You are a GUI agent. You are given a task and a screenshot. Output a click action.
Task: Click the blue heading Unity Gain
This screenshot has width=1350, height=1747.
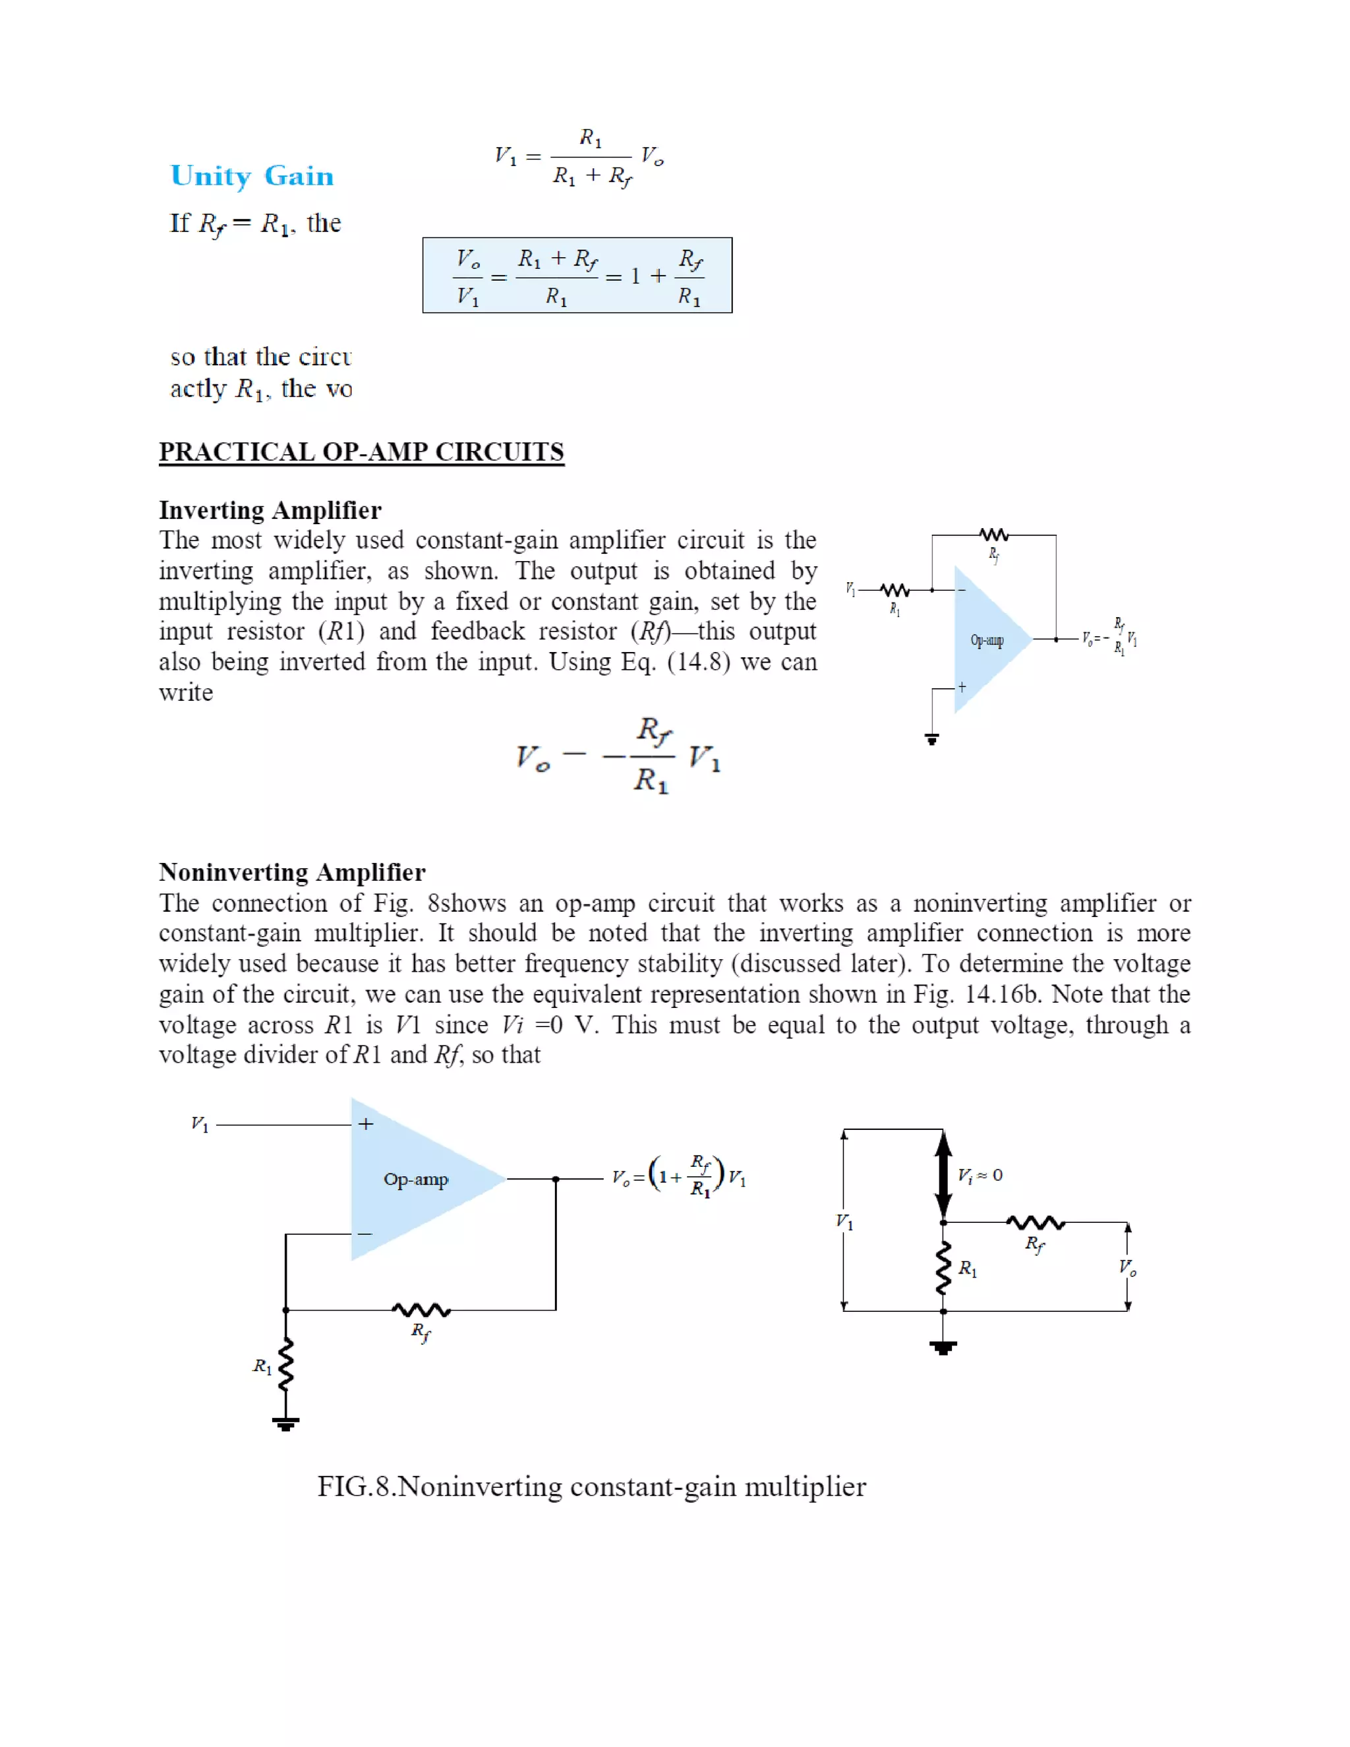[252, 176]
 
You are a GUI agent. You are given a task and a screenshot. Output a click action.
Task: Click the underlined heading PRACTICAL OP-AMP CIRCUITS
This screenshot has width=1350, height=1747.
[361, 452]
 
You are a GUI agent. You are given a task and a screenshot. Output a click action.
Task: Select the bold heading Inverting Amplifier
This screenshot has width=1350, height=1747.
[270, 510]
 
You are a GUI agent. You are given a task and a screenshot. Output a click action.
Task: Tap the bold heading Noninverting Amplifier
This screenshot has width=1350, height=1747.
[292, 872]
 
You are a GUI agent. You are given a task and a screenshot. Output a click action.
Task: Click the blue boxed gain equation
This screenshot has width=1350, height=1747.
[577, 275]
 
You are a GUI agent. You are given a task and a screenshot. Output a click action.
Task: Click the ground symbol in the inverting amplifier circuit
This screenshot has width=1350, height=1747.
[931, 739]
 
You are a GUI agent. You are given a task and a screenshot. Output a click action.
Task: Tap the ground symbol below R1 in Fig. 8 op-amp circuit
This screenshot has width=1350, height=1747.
[285, 1424]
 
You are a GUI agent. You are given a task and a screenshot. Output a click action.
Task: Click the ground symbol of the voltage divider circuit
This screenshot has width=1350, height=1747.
[944, 1348]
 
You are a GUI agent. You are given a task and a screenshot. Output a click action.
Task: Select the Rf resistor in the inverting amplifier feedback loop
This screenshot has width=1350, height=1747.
[994, 535]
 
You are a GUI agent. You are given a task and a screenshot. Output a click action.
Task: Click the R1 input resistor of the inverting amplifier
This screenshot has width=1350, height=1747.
[895, 590]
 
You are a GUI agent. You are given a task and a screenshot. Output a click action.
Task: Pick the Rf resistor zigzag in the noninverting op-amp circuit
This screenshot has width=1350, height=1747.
[421, 1311]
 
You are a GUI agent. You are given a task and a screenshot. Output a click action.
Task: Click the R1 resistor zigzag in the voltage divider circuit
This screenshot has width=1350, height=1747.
[944, 1268]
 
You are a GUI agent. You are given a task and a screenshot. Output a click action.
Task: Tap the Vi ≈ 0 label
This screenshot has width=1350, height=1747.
[980, 1175]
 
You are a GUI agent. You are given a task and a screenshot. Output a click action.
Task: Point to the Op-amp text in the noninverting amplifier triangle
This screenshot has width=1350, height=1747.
[416, 1179]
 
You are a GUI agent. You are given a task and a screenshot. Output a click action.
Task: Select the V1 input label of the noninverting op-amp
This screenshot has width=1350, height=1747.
[200, 1125]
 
